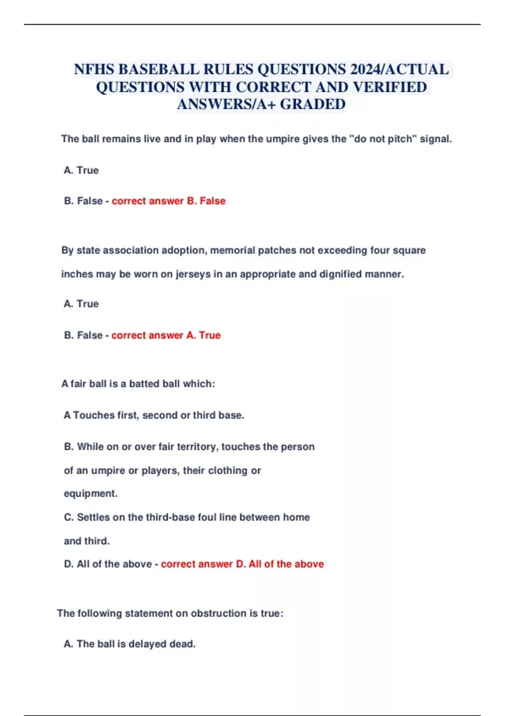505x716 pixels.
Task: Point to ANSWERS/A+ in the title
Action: [x=226, y=104]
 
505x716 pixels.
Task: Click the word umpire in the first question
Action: [x=282, y=139]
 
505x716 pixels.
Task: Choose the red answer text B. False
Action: [x=206, y=201]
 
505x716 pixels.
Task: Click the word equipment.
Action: [x=90, y=494]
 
